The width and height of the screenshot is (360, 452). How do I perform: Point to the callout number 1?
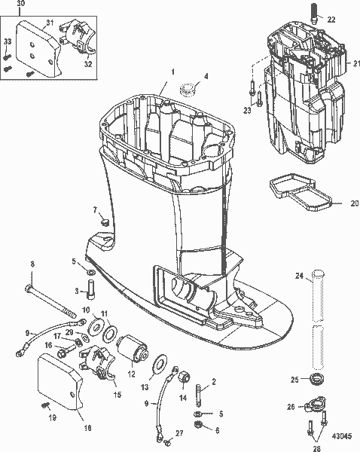(x=172, y=71)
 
